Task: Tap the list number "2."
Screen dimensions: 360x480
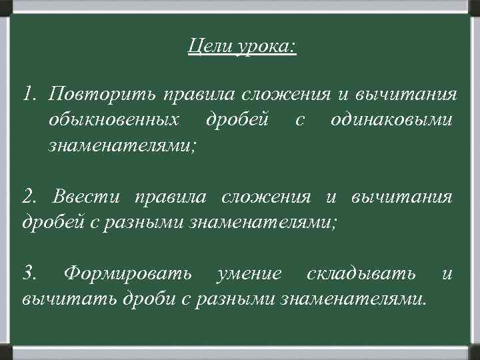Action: pyautogui.click(x=31, y=197)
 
